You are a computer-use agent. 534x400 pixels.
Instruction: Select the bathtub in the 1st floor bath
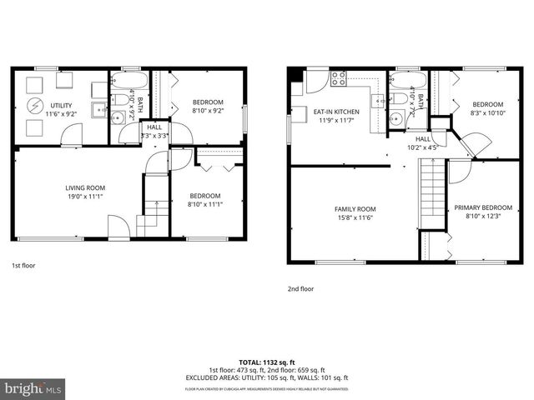click(129, 82)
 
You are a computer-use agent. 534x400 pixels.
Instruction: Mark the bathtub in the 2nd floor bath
click(408, 81)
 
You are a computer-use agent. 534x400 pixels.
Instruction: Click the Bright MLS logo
click(33, 387)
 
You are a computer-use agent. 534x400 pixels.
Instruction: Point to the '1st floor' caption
click(23, 266)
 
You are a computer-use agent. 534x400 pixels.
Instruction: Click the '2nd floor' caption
click(301, 288)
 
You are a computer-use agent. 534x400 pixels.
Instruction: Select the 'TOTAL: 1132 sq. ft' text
click(267, 362)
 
